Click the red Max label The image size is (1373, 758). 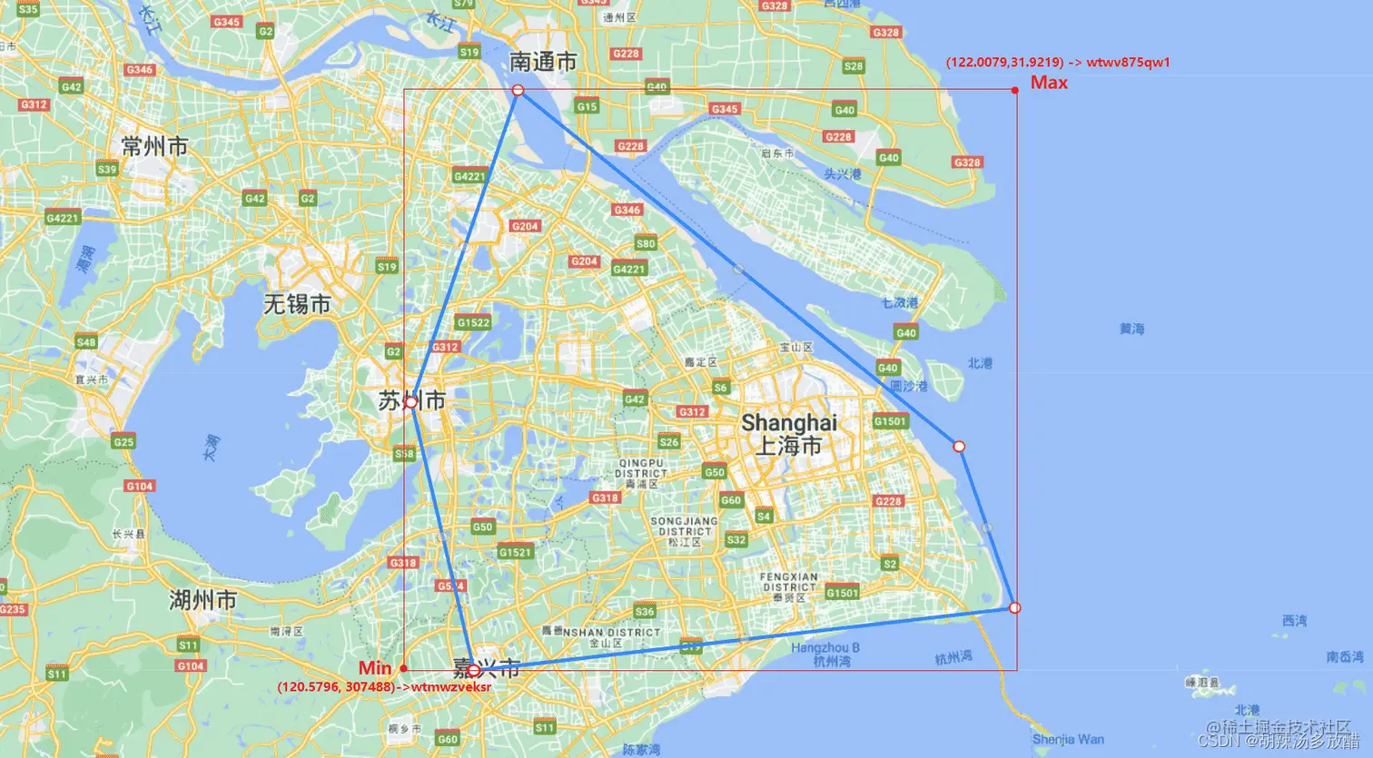point(1049,83)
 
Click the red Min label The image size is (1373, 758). point(375,668)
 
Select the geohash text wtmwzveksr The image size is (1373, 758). point(451,687)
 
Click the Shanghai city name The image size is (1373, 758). point(788,423)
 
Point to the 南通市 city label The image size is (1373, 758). point(542,62)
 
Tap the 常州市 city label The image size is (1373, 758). point(154,146)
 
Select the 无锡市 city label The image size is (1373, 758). point(297,304)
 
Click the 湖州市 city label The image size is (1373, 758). point(202,600)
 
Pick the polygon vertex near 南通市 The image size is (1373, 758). point(518,90)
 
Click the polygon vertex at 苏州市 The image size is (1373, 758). point(410,401)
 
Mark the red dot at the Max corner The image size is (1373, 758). point(1015,90)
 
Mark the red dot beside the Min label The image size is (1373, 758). point(403,668)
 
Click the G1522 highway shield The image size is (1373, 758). point(473,322)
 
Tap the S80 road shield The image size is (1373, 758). point(646,243)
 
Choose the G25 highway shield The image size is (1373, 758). point(123,442)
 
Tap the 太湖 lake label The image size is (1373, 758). point(211,448)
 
